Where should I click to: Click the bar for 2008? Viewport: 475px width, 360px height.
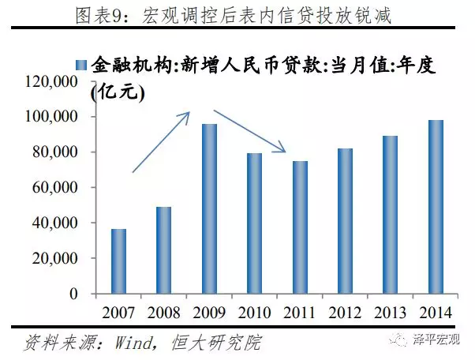(x=163, y=250)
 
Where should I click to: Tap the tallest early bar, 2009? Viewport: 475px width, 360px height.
(x=209, y=208)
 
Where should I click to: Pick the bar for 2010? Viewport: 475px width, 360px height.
(x=255, y=223)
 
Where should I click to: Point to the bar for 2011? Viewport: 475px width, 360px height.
(x=301, y=227)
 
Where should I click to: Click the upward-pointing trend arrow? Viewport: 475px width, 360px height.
(x=162, y=141)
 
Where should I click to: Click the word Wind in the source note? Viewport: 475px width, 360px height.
(x=127, y=343)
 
